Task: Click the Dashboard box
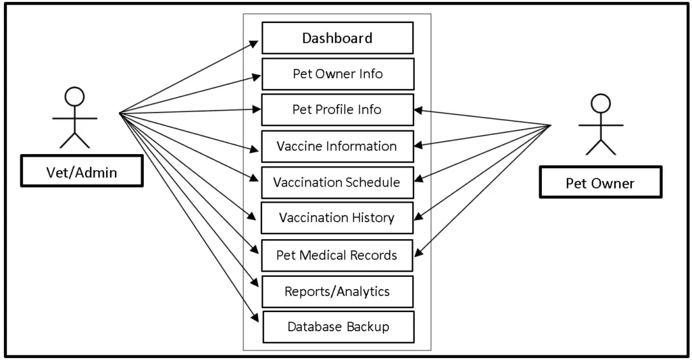pos(337,38)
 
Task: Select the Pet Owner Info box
pos(337,74)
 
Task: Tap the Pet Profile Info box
pos(337,110)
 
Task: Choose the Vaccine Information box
pos(337,147)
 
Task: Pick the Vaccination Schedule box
pos(337,182)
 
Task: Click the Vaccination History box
pos(337,218)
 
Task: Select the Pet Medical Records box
pos(337,255)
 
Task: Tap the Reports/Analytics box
pos(337,292)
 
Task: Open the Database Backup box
pos(337,327)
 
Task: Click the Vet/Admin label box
pos(81,172)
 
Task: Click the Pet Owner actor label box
pos(600,183)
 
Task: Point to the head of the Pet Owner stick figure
pos(600,103)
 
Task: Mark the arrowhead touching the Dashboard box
pos(255,43)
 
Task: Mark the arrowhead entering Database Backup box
pos(255,317)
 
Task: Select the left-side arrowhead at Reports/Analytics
pos(255,283)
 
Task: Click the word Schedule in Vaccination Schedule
pos(372,182)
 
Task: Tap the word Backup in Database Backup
pos(368,327)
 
